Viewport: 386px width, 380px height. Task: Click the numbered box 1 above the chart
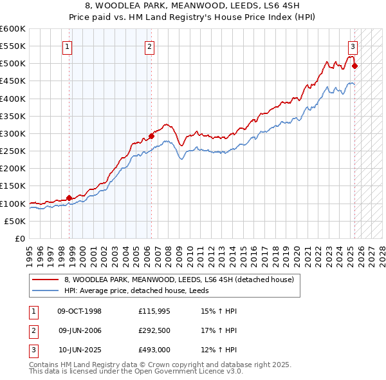point(68,46)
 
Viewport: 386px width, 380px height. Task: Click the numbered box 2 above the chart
point(149,46)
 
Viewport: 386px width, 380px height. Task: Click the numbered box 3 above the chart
point(353,46)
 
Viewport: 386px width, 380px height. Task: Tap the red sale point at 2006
point(152,136)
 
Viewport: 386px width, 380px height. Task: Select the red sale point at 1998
point(69,198)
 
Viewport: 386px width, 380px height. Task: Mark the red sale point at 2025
point(355,66)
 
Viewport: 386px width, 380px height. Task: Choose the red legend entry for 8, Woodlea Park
point(179,280)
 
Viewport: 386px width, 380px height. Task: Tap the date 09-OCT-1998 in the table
point(79,311)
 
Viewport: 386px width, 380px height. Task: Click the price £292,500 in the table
point(154,331)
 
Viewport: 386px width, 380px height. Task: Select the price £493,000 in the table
point(154,351)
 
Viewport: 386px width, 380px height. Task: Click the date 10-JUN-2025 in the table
point(79,351)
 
